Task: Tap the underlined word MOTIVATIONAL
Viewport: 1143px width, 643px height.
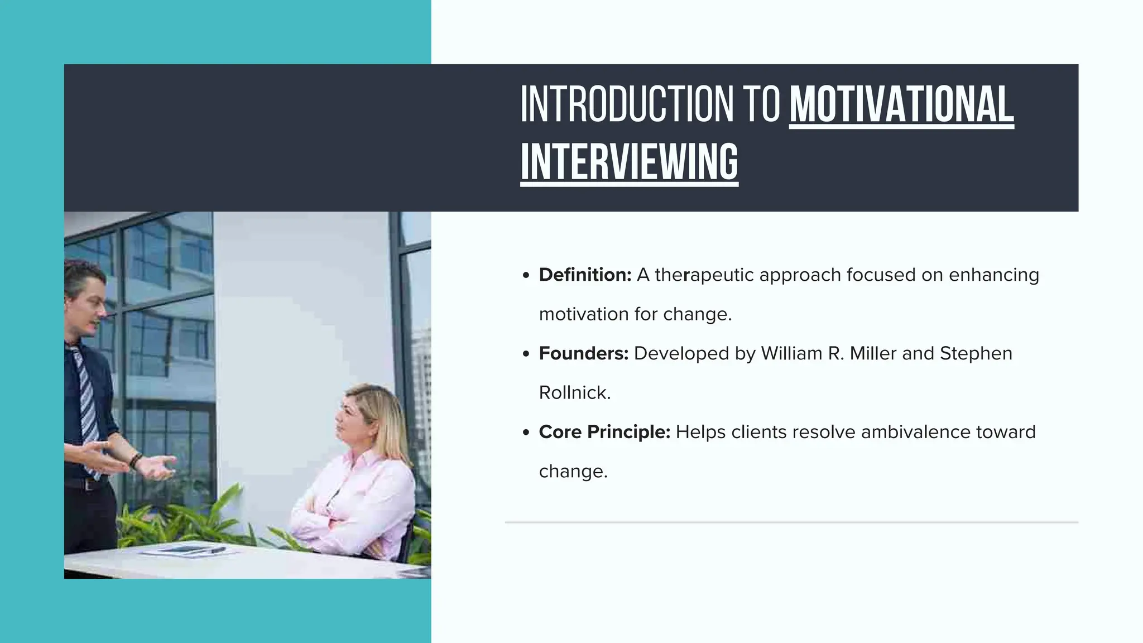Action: tap(901, 104)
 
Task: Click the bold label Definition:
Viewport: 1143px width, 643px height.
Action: tap(585, 275)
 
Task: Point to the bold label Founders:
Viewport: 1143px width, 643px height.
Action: tap(584, 353)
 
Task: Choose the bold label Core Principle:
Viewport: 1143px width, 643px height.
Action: tap(604, 432)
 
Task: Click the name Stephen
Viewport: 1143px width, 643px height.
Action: tap(976, 353)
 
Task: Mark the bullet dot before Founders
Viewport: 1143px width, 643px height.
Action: tap(526, 354)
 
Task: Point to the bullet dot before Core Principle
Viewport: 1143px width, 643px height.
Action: tap(526, 433)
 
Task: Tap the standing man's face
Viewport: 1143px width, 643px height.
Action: tap(89, 304)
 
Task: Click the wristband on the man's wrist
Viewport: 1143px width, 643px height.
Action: tap(135, 460)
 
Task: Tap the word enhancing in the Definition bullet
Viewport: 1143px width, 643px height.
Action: tap(993, 275)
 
